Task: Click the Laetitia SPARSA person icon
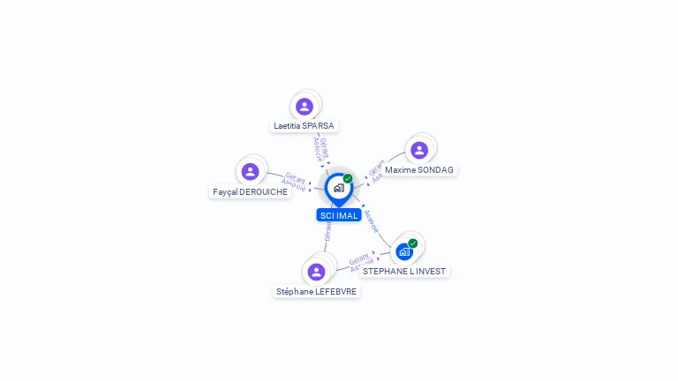tap(305, 107)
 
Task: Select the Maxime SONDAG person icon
tap(419, 150)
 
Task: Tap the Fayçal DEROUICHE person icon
tap(250, 171)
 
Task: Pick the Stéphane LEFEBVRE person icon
tap(316, 272)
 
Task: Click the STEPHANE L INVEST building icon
tap(404, 252)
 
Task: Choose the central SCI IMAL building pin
tap(338, 188)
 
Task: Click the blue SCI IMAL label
tap(339, 215)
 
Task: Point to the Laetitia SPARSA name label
tap(304, 126)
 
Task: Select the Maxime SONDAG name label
tap(420, 169)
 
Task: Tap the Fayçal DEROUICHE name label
tap(251, 191)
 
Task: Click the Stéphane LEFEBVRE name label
tap(316, 291)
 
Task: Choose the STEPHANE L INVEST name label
tap(404, 272)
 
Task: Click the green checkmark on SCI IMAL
tap(348, 178)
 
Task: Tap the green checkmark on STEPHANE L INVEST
tap(412, 243)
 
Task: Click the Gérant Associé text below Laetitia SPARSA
tap(322, 150)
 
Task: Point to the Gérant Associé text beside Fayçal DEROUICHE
tap(294, 183)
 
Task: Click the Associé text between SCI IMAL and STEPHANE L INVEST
tap(372, 220)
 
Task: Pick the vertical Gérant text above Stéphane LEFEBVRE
tap(328, 231)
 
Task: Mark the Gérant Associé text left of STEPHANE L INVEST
tap(360, 263)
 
